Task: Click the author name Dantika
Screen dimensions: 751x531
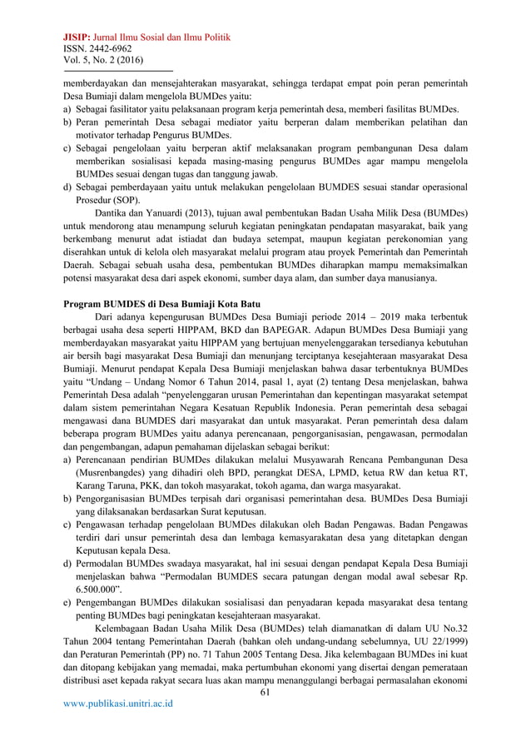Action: (114, 211)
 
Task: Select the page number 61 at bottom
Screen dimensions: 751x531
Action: (266, 692)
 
